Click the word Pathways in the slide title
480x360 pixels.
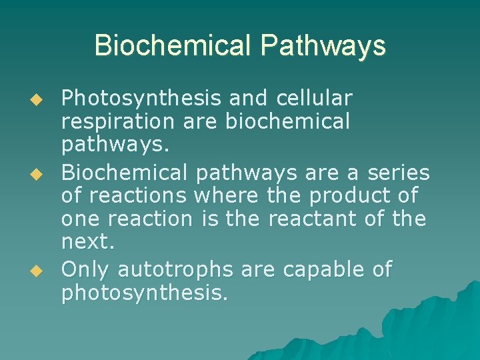(323, 46)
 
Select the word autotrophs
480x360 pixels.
(175, 269)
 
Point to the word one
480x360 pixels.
(79, 219)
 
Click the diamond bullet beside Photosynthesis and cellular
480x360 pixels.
(37, 99)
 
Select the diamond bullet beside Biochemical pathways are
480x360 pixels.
(37, 174)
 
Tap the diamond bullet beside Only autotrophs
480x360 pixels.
(37, 271)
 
